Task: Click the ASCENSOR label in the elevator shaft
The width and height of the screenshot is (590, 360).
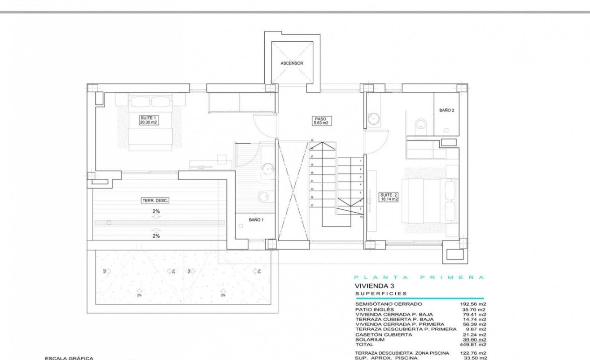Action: click(292, 63)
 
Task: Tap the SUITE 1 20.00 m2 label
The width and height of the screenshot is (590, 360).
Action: click(148, 120)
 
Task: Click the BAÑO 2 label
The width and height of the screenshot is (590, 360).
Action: click(447, 110)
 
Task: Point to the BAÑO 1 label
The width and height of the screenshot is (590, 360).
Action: click(256, 220)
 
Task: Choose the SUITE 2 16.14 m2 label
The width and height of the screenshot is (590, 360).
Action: click(389, 197)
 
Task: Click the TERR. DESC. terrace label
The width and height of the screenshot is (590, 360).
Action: click(155, 201)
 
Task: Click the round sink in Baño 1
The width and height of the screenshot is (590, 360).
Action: click(268, 168)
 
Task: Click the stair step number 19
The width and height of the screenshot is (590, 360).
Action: click(311, 140)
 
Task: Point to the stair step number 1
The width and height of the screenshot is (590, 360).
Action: click(361, 160)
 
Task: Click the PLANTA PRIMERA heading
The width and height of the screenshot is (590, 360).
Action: click(419, 277)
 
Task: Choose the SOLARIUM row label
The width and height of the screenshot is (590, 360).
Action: click(370, 340)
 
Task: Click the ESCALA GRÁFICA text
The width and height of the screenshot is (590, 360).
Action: click(69, 358)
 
